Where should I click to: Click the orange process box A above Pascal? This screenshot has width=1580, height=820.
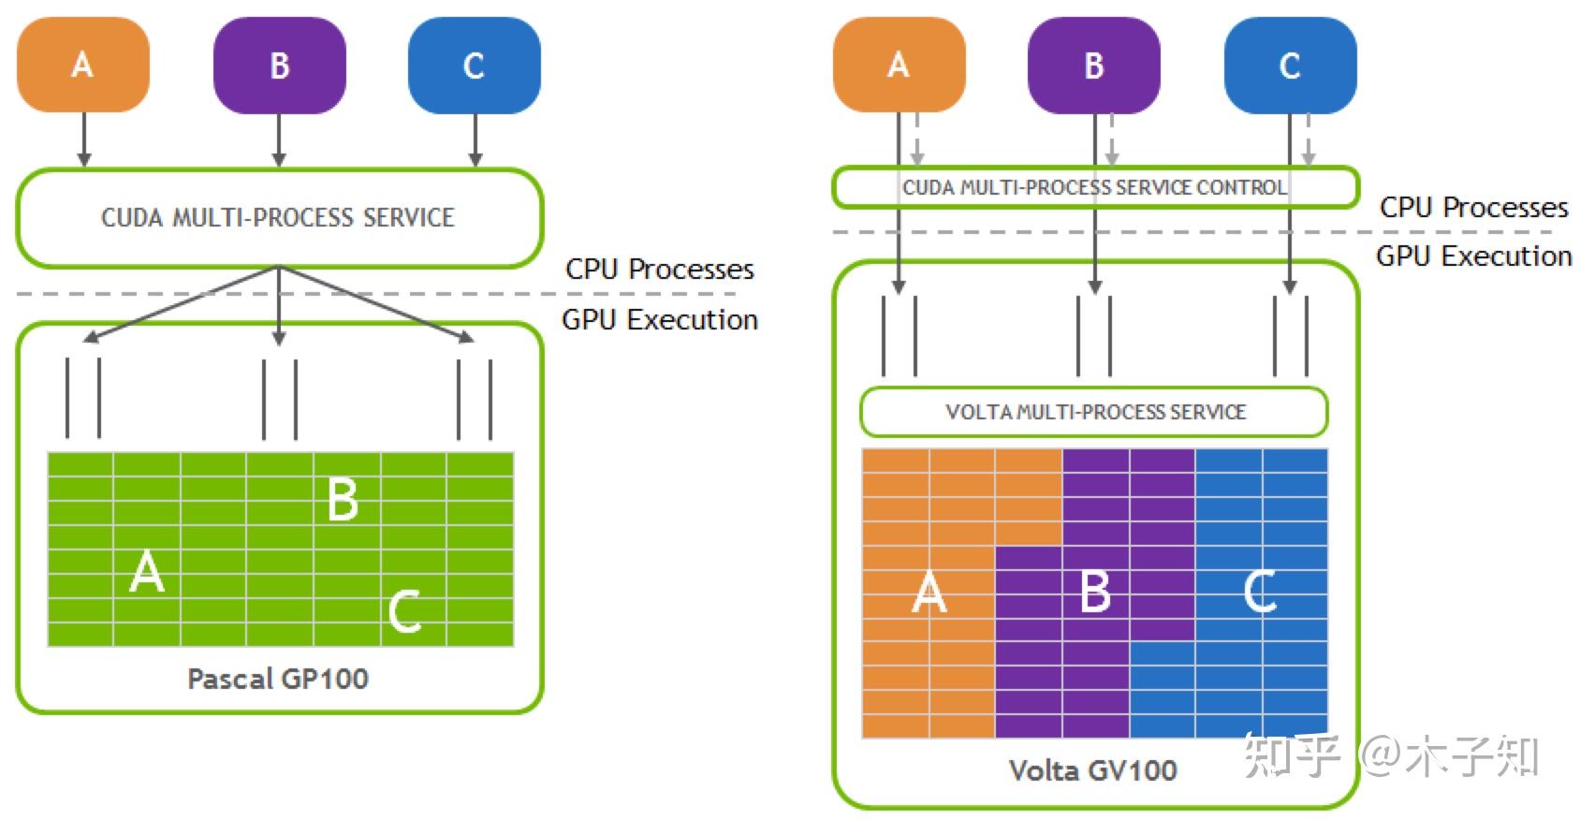83,65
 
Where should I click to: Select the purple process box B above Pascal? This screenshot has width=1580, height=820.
279,66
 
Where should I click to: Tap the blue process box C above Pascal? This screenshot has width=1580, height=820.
475,66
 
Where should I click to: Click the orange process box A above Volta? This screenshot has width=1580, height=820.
899,65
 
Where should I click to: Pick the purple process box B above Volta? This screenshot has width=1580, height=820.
1094,66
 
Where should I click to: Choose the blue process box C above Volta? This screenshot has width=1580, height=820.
1290,66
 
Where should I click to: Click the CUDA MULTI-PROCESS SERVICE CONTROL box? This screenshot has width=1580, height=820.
1094,187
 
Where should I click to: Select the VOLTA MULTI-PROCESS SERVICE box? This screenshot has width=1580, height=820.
1094,412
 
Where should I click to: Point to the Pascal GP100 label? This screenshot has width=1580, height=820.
278,679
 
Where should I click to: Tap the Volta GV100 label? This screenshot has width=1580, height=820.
1092,770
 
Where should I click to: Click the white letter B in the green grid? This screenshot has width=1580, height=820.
343,499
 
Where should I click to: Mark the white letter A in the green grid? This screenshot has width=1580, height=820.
147,572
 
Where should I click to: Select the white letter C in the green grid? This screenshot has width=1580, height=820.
404,611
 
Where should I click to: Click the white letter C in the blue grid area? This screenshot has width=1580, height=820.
1260,592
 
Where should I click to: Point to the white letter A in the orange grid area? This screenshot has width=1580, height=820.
929,593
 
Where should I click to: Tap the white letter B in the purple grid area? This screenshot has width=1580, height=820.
1095,592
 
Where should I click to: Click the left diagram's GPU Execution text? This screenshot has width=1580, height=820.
659,320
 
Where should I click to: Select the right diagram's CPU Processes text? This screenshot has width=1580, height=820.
1473,208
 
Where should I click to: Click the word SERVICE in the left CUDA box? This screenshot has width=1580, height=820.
408,218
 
